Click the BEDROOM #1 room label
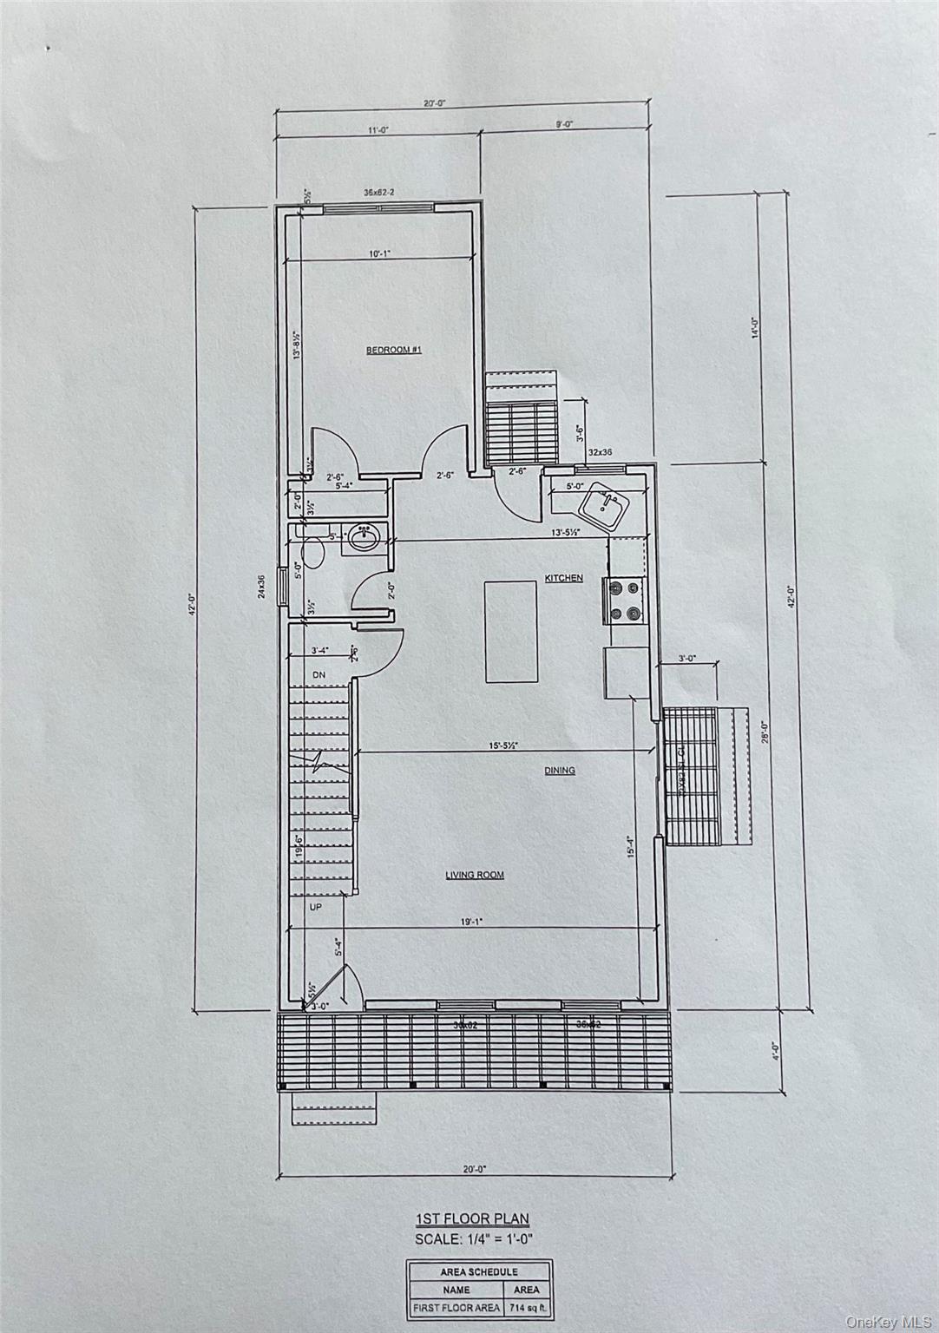pyautogui.click(x=393, y=350)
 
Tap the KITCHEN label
pyautogui.click(x=563, y=578)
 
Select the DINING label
pyautogui.click(x=560, y=771)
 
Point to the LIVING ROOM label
pyautogui.click(x=475, y=876)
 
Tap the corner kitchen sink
pyautogui.click(x=605, y=505)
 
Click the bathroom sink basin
pyautogui.click(x=363, y=539)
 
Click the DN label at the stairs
pyautogui.click(x=318, y=674)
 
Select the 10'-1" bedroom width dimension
pyautogui.click(x=379, y=254)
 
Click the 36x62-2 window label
pyautogui.click(x=378, y=193)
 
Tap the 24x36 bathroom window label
pyautogui.click(x=259, y=588)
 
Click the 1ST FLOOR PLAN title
pyautogui.click(x=472, y=1219)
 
